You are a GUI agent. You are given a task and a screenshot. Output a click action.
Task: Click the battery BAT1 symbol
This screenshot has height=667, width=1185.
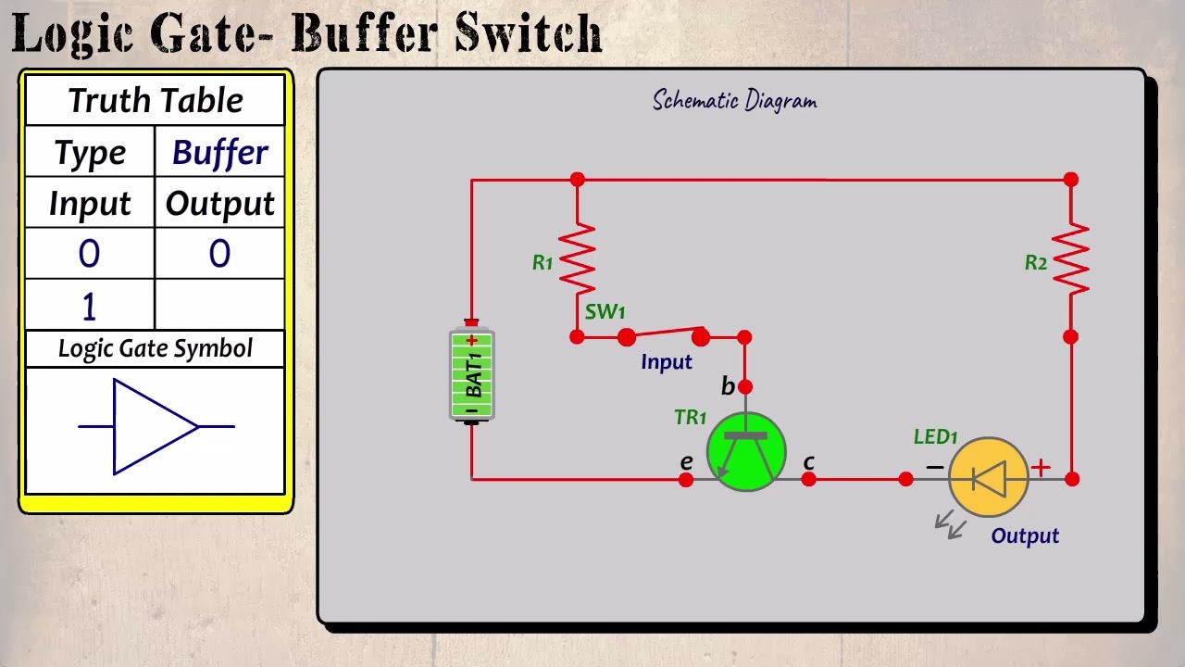click(472, 375)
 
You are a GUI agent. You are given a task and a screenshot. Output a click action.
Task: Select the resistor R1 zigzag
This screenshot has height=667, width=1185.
click(577, 259)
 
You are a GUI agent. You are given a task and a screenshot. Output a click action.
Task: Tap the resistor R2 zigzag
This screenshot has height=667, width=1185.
click(1070, 259)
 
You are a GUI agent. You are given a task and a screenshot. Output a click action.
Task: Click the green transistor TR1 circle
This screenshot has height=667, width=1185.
click(746, 452)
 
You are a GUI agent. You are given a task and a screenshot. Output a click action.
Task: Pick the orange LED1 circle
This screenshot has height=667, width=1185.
click(989, 478)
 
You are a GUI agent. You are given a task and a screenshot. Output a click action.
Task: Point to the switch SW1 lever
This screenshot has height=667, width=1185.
click(664, 334)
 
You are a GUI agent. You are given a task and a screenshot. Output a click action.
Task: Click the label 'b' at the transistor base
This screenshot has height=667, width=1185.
click(728, 386)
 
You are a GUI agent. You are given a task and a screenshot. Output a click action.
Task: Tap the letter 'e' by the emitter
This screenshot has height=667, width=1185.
click(686, 461)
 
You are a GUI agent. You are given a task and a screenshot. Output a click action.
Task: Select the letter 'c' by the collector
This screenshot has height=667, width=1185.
click(809, 461)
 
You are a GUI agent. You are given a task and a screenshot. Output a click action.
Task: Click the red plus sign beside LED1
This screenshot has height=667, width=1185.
click(1041, 468)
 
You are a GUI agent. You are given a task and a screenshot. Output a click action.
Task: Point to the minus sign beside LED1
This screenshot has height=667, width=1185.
click(934, 468)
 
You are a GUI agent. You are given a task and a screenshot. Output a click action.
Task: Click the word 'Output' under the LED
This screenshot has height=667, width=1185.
click(1025, 535)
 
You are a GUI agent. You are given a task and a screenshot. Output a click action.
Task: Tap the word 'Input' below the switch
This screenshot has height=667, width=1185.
click(666, 362)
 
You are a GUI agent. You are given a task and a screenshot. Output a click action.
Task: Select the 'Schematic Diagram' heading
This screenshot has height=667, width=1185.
click(734, 100)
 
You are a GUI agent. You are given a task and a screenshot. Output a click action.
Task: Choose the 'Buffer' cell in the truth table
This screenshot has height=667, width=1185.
click(219, 153)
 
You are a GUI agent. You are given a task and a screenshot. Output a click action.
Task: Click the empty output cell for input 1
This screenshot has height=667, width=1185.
click(219, 305)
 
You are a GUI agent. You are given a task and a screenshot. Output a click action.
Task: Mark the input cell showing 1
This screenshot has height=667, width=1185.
click(89, 305)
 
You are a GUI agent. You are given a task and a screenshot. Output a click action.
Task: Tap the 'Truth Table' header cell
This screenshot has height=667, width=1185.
click(155, 100)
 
